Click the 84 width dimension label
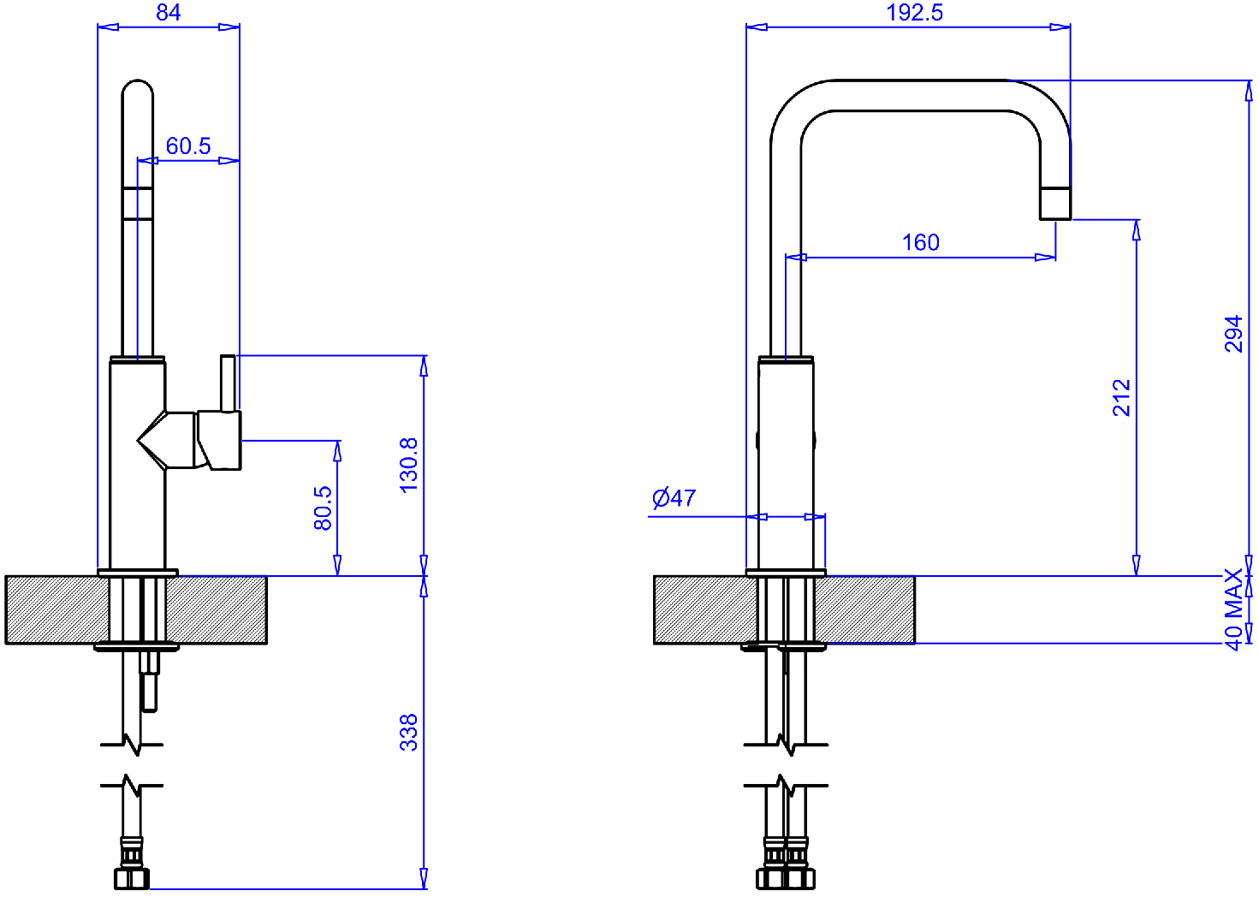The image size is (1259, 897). [x=168, y=12]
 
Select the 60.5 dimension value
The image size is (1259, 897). [x=188, y=146]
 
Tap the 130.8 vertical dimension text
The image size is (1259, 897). [x=409, y=466]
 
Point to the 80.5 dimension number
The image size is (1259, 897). [x=324, y=508]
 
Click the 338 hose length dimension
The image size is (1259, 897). [x=409, y=733]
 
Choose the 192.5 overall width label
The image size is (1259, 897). [x=914, y=12]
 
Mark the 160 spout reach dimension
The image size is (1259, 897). [x=921, y=242]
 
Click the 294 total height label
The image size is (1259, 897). [x=1233, y=334]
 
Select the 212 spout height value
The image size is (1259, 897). [x=1121, y=398]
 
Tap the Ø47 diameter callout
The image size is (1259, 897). [x=674, y=498]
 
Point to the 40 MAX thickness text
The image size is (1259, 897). [x=1233, y=609]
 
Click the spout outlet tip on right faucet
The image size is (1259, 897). [x=1055, y=204]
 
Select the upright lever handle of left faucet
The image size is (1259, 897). [x=228, y=383]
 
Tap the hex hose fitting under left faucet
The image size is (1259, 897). [x=132, y=879]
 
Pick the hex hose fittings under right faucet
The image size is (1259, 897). [x=786, y=879]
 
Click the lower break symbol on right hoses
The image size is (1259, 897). [x=786, y=785]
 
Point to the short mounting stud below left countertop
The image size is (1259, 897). [x=150, y=681]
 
